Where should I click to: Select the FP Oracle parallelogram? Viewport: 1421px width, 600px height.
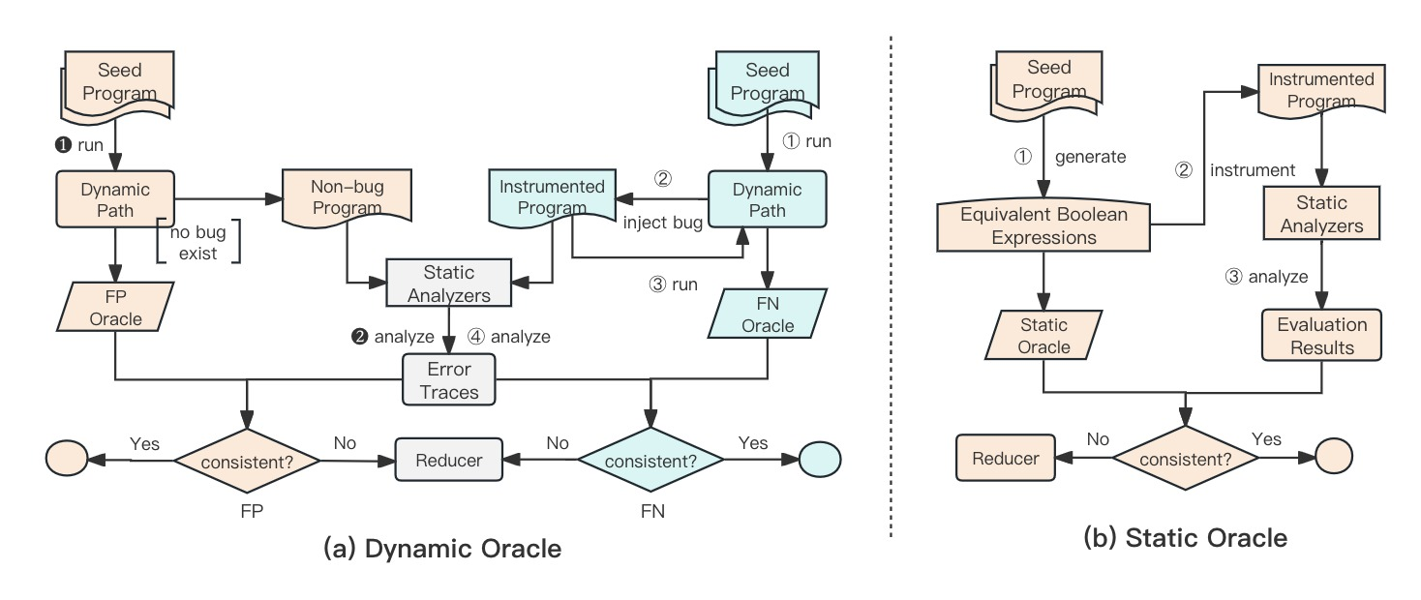coord(116,307)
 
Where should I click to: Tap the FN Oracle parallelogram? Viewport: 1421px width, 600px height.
coord(768,313)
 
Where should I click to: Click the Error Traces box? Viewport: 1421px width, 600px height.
coord(449,380)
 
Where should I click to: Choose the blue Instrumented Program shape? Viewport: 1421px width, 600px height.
coord(551,197)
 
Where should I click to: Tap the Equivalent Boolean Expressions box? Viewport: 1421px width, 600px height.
coord(1043,225)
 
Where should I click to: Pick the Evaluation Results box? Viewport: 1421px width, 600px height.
coord(1321,336)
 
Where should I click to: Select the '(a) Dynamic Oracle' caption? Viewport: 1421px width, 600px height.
coord(442,549)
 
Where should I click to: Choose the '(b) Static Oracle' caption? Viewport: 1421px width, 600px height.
coord(1186,537)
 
